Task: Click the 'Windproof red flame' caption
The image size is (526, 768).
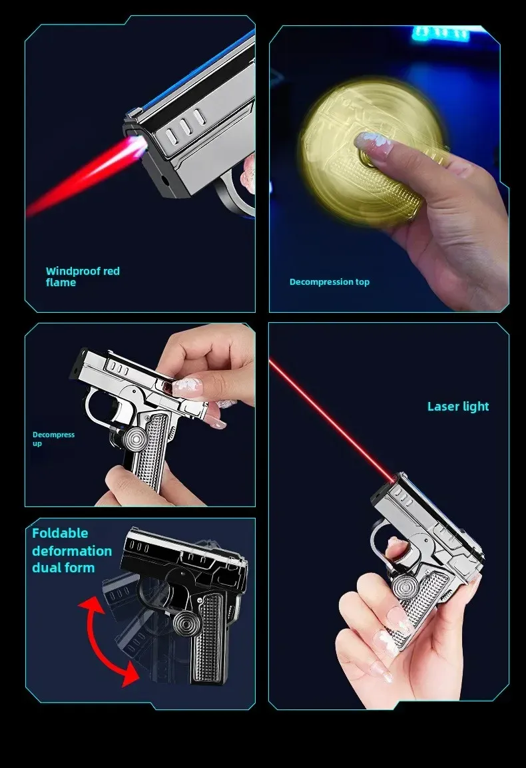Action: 83,276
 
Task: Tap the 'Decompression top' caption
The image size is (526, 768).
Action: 329,282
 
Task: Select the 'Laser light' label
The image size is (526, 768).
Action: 458,406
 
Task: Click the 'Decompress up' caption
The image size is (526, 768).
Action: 53,439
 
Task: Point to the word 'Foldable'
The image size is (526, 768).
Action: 60,533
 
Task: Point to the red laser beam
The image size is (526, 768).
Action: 333,419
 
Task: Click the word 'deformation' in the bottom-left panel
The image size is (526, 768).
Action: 72,550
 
